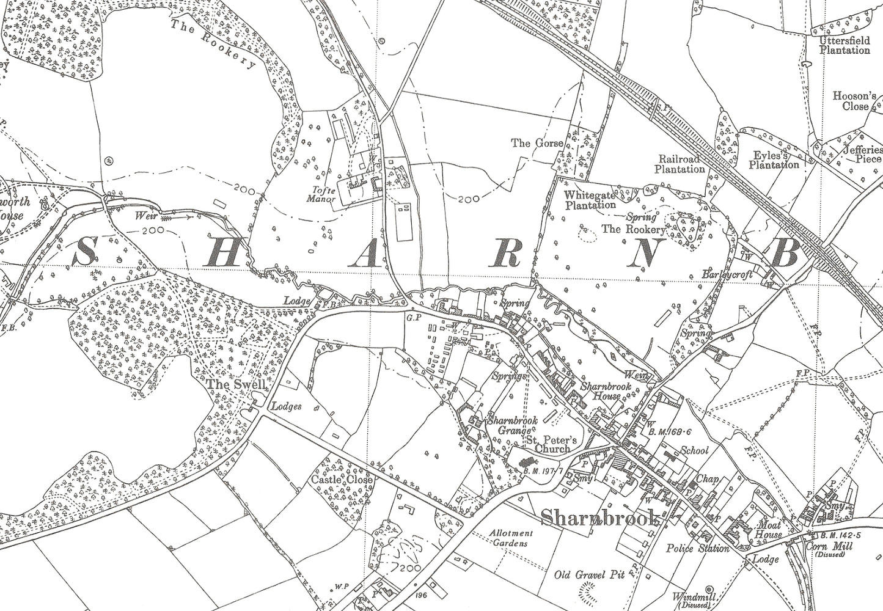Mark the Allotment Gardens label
(x=511, y=537)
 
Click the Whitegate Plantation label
(x=590, y=200)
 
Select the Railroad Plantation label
(x=680, y=164)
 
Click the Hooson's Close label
(x=855, y=101)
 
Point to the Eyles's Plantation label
(x=774, y=161)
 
